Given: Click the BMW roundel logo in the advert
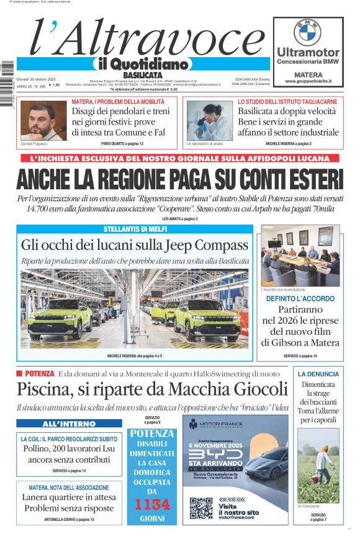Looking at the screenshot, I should pyautogui.click(x=307, y=31).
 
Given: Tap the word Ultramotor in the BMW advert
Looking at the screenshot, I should pyautogui.click(x=308, y=52).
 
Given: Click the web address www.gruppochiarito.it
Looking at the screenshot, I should pyautogui.click(x=308, y=81).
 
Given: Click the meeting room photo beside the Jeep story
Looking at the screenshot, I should pyautogui.click(x=300, y=255).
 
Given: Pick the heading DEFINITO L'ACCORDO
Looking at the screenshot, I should pyautogui.click(x=300, y=299).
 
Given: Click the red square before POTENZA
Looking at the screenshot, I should pyautogui.click(x=19, y=373).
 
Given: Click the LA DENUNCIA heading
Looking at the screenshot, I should pyautogui.click(x=318, y=374).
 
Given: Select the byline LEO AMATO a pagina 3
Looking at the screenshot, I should pyautogui.click(x=179, y=219).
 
